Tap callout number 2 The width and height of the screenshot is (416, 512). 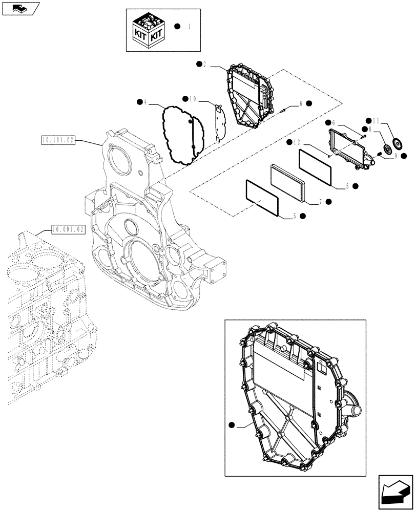(204, 64)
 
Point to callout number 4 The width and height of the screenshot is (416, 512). (145, 102)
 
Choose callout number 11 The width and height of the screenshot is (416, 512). (376, 122)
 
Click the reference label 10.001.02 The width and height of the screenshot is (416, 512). (67, 229)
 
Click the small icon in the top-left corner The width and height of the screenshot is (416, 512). (20, 8)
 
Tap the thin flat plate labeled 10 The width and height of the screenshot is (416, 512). (220, 123)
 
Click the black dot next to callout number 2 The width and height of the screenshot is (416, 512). (198, 63)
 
